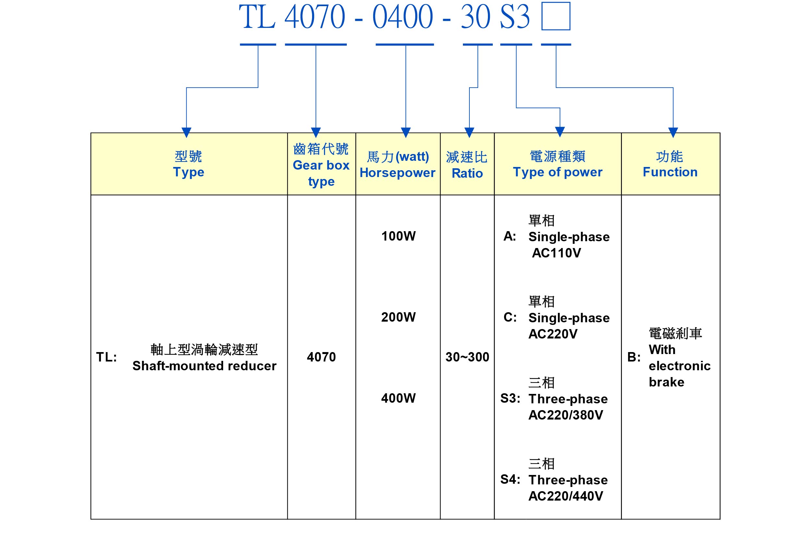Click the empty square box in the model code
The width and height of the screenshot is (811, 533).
click(556, 16)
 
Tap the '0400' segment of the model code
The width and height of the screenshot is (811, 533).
click(403, 17)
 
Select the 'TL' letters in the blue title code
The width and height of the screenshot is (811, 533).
click(257, 17)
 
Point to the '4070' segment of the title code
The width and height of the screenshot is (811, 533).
click(315, 17)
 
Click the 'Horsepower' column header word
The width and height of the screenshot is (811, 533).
click(397, 173)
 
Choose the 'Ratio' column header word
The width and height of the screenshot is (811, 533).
click(467, 173)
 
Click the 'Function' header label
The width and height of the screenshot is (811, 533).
click(670, 172)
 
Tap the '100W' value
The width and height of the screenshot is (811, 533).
click(398, 236)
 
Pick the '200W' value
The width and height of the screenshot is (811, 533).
click(398, 317)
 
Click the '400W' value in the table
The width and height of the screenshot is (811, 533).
click(398, 398)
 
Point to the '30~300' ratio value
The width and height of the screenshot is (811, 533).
click(467, 357)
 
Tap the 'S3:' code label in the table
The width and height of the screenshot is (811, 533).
click(510, 398)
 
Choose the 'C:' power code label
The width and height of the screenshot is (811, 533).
click(510, 317)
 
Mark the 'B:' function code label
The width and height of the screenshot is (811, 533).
click(634, 357)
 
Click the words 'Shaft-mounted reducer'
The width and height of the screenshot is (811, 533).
click(204, 366)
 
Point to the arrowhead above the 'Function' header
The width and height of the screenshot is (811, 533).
click(673, 132)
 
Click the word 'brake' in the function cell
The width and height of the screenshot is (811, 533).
click(667, 382)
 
